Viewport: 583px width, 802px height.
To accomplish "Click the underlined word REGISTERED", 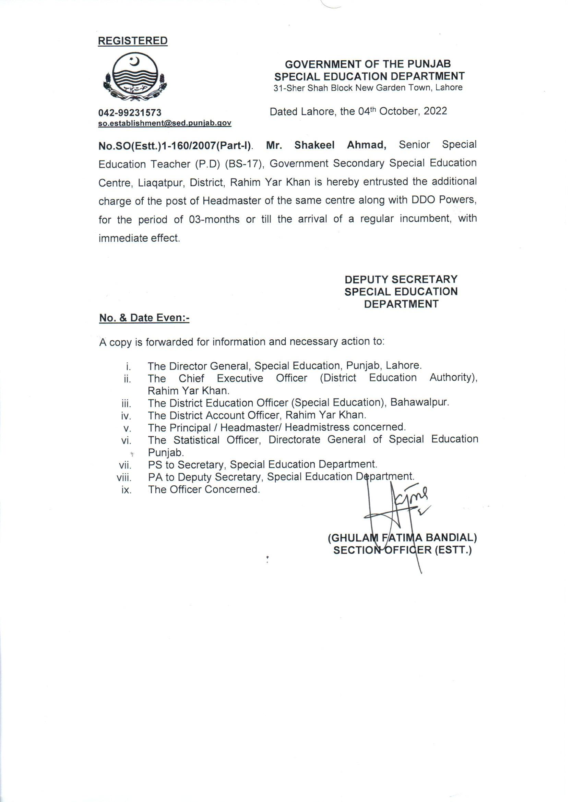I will pyautogui.click(x=133, y=41).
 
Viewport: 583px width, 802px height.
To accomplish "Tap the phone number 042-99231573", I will pyautogui.click(x=130, y=113).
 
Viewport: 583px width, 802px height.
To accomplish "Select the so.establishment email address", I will pyautogui.click(x=165, y=123).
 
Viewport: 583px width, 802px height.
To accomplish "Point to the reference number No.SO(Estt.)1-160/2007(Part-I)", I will pyautogui.click(x=175, y=146).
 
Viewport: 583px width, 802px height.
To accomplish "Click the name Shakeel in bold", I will pyautogui.click(x=314, y=145).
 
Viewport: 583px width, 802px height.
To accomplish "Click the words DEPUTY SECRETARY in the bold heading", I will pyautogui.click(x=401, y=279).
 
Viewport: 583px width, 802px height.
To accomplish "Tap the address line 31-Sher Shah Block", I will pyautogui.click(x=368, y=88).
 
